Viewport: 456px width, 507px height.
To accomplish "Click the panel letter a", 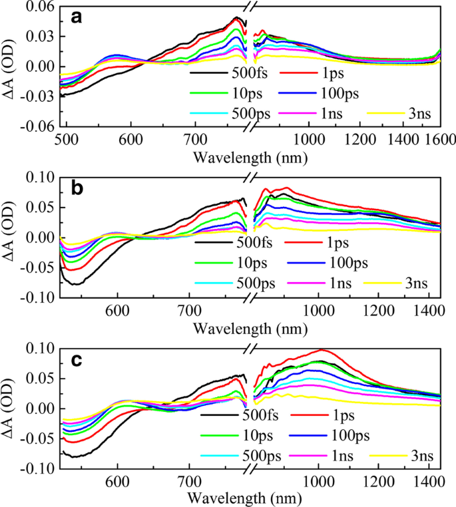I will tap(77, 18).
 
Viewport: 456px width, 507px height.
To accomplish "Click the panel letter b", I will tap(77, 188).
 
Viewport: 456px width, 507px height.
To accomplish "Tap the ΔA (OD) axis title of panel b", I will tap(11, 238).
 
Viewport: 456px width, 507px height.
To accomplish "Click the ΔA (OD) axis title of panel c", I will tap(11, 409).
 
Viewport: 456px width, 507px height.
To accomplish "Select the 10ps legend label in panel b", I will tap(256, 263).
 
